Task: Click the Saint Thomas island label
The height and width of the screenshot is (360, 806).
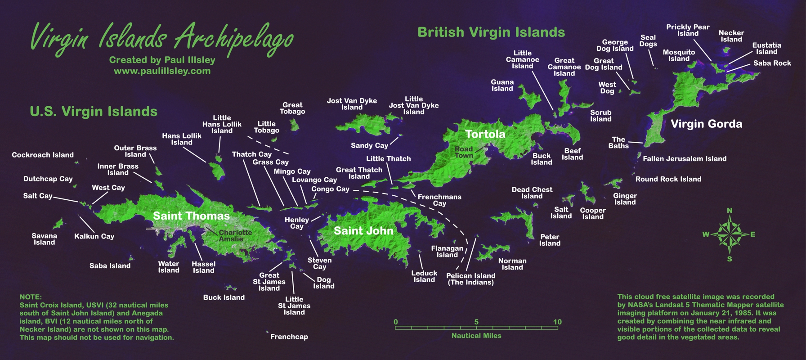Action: click(191, 216)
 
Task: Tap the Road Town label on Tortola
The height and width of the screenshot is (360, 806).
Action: click(464, 152)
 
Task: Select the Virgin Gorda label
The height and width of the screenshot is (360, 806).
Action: click(706, 124)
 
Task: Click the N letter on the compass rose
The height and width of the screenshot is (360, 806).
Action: click(730, 211)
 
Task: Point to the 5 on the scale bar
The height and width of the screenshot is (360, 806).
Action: click(476, 322)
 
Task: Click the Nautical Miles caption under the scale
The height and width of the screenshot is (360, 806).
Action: click(476, 336)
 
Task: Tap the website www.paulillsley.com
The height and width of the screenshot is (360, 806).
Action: click(162, 71)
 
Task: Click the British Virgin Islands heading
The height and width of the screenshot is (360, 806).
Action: click(491, 32)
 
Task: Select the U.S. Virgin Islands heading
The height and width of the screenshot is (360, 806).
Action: click(94, 112)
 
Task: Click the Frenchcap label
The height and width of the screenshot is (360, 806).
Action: click(289, 337)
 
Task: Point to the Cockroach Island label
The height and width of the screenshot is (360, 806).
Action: click(43, 155)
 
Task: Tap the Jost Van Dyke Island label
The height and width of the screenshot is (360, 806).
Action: click(352, 104)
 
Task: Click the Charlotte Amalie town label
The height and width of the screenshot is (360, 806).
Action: click(235, 235)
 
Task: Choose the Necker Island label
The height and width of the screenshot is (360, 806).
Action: click(731, 36)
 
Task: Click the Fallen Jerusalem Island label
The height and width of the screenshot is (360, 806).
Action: click(685, 158)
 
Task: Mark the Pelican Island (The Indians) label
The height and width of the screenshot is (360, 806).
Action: click(470, 279)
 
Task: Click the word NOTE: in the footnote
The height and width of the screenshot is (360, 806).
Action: click(31, 297)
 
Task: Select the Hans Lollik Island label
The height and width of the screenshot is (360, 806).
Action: click(182, 139)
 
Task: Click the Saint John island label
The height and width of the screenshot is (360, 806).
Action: click(363, 231)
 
